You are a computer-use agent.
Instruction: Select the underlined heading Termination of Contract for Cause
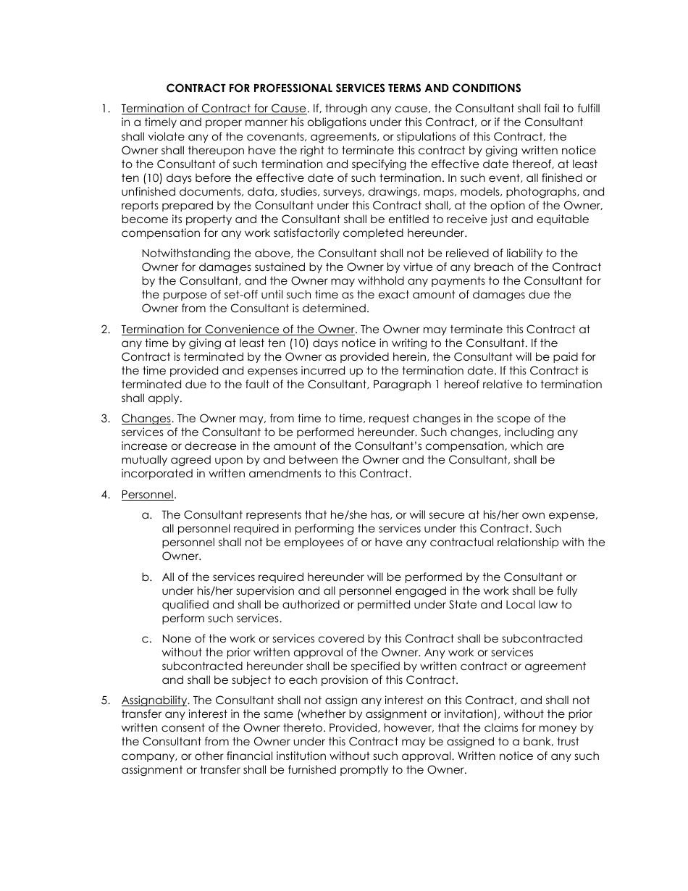tap(214, 109)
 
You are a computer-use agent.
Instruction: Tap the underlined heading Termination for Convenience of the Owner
tap(238, 329)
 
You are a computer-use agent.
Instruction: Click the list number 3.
tap(106, 419)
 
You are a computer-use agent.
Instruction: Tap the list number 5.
tap(106, 700)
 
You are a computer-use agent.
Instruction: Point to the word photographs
tap(542, 192)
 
